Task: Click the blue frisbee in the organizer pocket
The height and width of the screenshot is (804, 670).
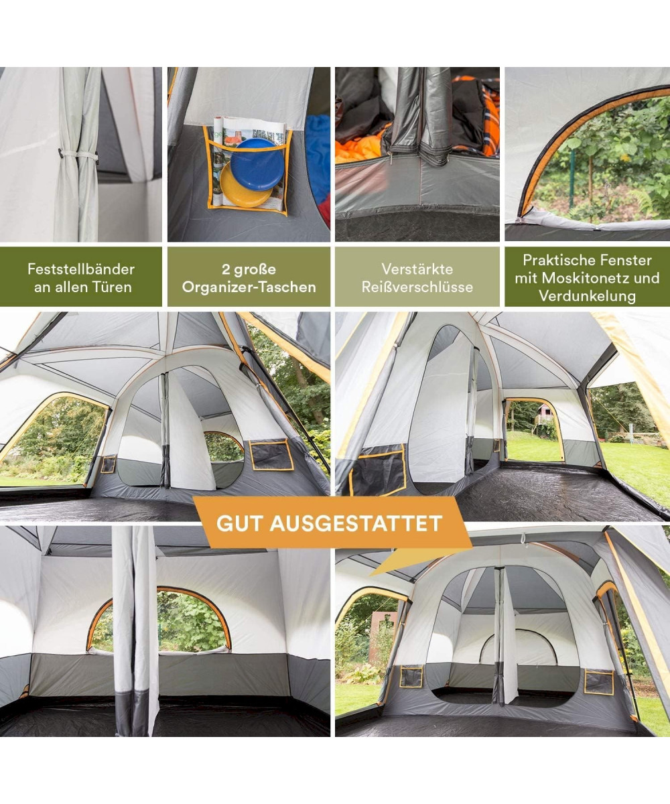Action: coord(257,164)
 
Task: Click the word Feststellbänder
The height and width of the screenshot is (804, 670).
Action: coord(81,269)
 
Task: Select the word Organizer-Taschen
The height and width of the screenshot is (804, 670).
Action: coord(249,287)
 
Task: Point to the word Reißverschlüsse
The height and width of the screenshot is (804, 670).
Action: coord(417,287)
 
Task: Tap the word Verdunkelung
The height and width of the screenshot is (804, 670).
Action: coord(587,295)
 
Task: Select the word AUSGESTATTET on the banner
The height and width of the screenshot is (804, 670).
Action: coord(355,523)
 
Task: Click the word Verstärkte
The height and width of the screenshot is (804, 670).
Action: coord(417,269)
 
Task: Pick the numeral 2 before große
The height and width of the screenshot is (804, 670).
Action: coord(226,269)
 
